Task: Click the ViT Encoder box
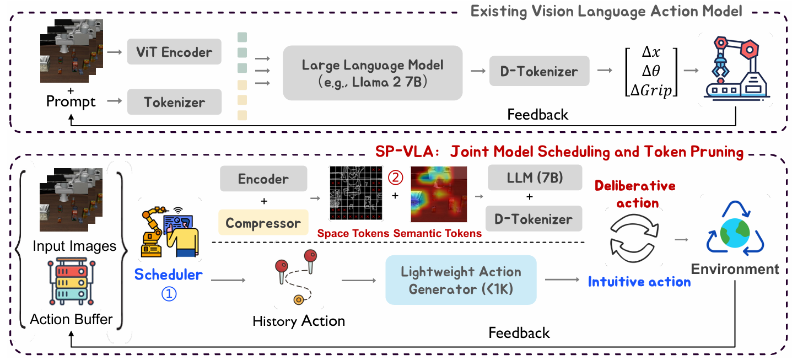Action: pyautogui.click(x=174, y=53)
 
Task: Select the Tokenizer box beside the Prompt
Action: pyautogui.click(x=174, y=102)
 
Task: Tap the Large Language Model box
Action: pyautogui.click(x=372, y=72)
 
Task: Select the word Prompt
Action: pyautogui.click(x=71, y=101)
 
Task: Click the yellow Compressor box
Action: pyautogui.click(x=263, y=223)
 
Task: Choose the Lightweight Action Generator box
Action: pyautogui.click(x=461, y=280)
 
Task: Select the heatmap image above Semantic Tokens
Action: pyautogui.click(x=439, y=193)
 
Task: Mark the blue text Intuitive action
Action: pyautogui.click(x=639, y=282)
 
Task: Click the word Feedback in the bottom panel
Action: pyautogui.click(x=519, y=332)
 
